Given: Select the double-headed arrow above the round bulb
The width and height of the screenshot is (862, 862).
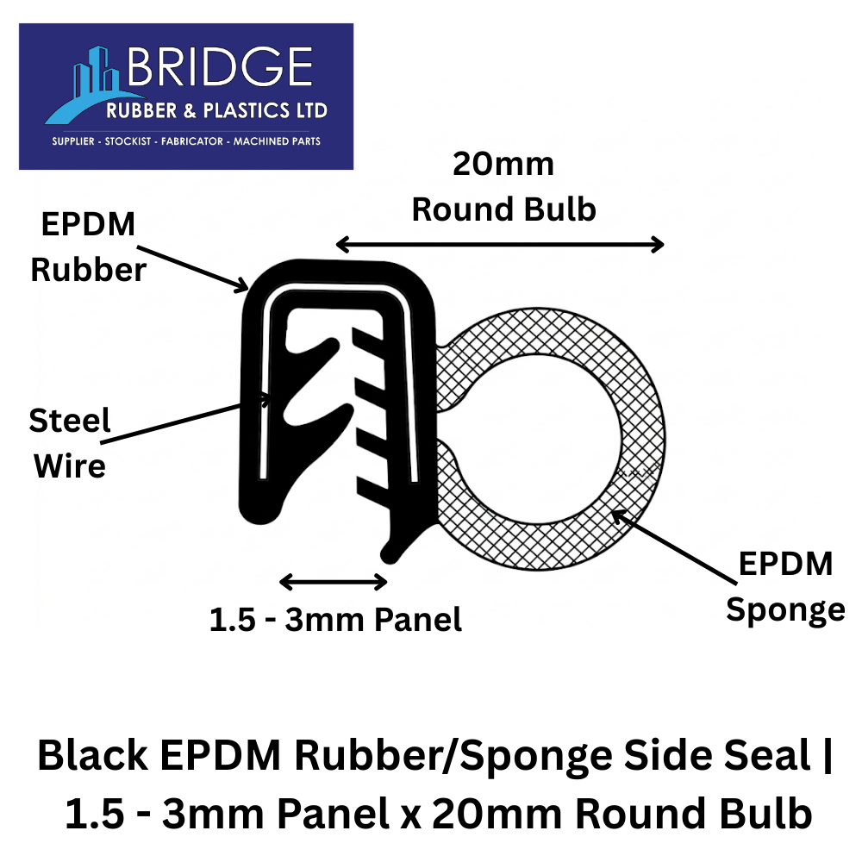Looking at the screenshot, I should click(x=500, y=245).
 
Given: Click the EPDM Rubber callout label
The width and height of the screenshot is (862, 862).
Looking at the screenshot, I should click(x=88, y=248).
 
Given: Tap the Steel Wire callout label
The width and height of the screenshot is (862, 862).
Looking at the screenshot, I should click(x=70, y=444).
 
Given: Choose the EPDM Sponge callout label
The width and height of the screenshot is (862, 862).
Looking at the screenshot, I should click(x=784, y=587).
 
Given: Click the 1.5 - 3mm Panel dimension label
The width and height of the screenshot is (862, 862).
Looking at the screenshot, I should click(x=335, y=619).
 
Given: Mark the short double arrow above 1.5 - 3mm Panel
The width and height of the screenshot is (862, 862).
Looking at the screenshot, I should click(x=334, y=583).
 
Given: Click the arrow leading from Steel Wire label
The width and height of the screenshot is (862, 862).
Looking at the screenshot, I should click(x=190, y=418).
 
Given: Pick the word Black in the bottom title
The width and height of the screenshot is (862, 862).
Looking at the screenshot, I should click(x=91, y=758).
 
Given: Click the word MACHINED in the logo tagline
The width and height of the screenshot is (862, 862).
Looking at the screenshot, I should click(x=261, y=141).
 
